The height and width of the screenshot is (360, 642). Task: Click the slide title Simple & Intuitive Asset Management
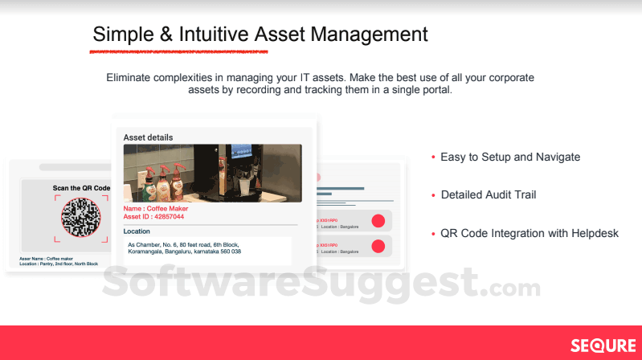pyautogui.click(x=260, y=34)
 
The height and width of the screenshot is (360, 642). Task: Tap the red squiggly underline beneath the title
pyautogui.click(x=178, y=52)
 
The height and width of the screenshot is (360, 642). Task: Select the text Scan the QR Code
pyautogui.click(x=81, y=188)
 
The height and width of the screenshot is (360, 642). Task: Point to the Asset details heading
pyautogui.click(x=148, y=137)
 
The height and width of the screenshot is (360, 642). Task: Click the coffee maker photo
pyautogui.click(x=212, y=173)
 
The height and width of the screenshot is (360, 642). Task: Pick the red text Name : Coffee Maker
pyautogui.click(x=155, y=208)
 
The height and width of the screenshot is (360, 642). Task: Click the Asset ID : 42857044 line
pyautogui.click(x=153, y=217)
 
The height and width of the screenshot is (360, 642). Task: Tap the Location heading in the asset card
pyautogui.click(x=137, y=231)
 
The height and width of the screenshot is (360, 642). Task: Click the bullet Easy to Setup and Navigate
pyautogui.click(x=509, y=157)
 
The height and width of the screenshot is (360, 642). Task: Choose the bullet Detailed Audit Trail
pyautogui.click(x=488, y=194)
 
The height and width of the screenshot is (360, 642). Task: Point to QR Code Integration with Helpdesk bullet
pyautogui.click(x=529, y=233)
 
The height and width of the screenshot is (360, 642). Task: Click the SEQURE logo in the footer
pyautogui.click(x=603, y=346)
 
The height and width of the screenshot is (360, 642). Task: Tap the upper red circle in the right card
pyautogui.click(x=378, y=221)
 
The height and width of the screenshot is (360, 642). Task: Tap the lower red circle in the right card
pyautogui.click(x=378, y=246)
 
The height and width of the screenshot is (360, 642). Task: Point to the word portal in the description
pyautogui.click(x=435, y=90)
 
